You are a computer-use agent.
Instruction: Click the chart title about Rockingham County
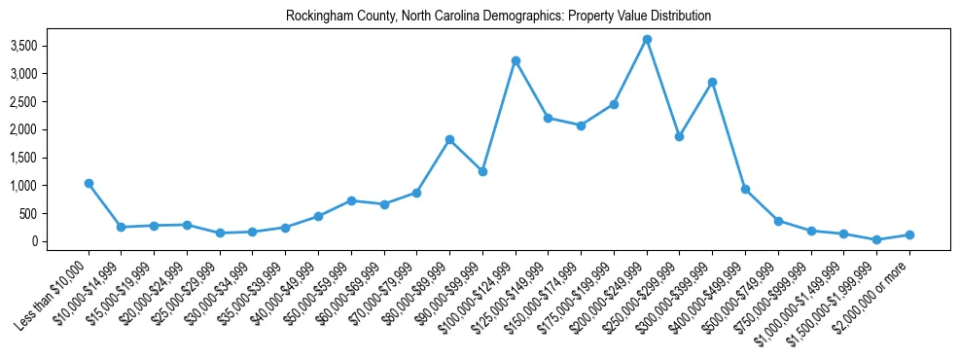pyautogui.click(x=498, y=17)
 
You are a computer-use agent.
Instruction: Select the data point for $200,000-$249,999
pyautogui.click(x=647, y=40)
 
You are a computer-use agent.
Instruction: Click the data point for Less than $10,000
pyautogui.click(x=89, y=183)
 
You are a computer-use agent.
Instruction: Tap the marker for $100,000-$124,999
pyautogui.click(x=516, y=60)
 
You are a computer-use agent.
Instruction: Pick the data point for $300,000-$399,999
pyautogui.click(x=712, y=82)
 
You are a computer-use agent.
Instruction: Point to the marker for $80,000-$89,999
pyautogui.click(x=449, y=139)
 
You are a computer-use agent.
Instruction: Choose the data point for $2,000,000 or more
pyautogui.click(x=909, y=234)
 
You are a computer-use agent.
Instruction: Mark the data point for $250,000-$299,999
pyautogui.click(x=679, y=136)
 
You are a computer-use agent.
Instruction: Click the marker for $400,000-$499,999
pyautogui.click(x=745, y=189)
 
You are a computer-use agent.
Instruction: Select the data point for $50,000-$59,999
pyautogui.click(x=351, y=200)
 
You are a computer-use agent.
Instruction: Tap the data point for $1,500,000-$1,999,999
pyautogui.click(x=876, y=239)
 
